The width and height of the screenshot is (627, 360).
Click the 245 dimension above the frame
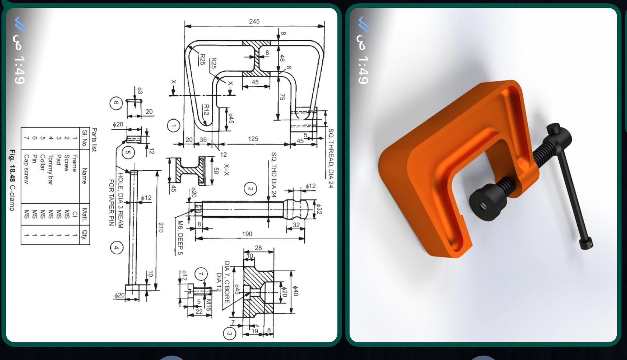coord(254,21)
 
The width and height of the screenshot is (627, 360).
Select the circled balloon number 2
coord(251,189)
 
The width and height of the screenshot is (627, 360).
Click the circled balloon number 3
coord(229,333)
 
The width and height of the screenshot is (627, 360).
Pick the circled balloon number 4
coord(116,247)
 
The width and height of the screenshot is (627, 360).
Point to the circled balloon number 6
coord(116,103)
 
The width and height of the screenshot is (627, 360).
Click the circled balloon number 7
coord(201,274)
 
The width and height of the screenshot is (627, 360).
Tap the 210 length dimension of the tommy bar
coord(161,227)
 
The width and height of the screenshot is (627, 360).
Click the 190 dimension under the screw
coord(247,234)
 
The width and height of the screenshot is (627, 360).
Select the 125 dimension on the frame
coord(253,139)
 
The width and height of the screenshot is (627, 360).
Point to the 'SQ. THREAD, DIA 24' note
coord(330,158)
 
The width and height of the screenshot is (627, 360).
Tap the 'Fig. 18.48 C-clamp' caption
coord(13,180)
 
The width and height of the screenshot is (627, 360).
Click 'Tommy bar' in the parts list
coord(50,169)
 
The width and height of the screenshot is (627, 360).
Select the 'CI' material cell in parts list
coord(75,214)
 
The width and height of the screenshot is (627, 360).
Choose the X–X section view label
coord(226,170)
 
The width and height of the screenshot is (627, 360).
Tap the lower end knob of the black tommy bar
coord(586,243)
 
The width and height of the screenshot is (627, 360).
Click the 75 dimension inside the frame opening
coord(282,97)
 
